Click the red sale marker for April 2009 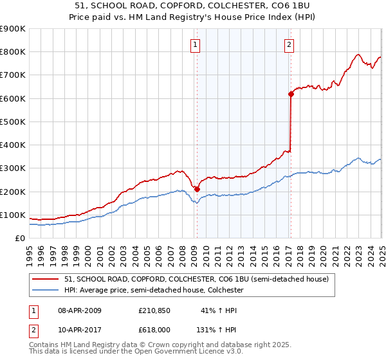pyautogui.click(x=197, y=189)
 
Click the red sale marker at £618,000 pyautogui.click(x=291, y=94)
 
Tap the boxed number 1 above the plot pyautogui.click(x=195, y=44)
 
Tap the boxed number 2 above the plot pyautogui.click(x=289, y=44)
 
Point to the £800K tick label pyautogui.click(x=13, y=52)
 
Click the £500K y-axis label pyautogui.click(x=13, y=122)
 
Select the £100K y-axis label pyautogui.click(x=13, y=215)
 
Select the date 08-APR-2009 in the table pyautogui.click(x=80, y=311)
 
